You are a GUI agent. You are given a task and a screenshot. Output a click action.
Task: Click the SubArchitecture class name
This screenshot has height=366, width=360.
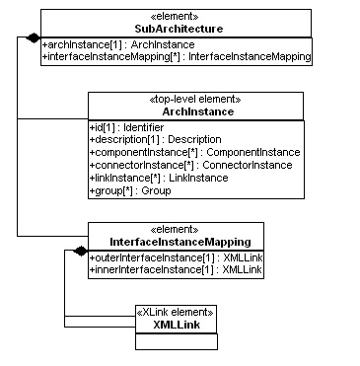point(178,29)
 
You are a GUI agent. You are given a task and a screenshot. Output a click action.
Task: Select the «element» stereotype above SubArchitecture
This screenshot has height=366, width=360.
point(178,17)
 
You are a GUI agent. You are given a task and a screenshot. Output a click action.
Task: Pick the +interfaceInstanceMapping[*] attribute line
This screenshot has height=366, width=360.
point(177,57)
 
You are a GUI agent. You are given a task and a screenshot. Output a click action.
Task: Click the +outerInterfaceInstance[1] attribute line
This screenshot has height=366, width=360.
point(177,256)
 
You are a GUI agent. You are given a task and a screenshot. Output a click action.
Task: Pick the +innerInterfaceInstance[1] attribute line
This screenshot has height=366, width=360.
point(177,268)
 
